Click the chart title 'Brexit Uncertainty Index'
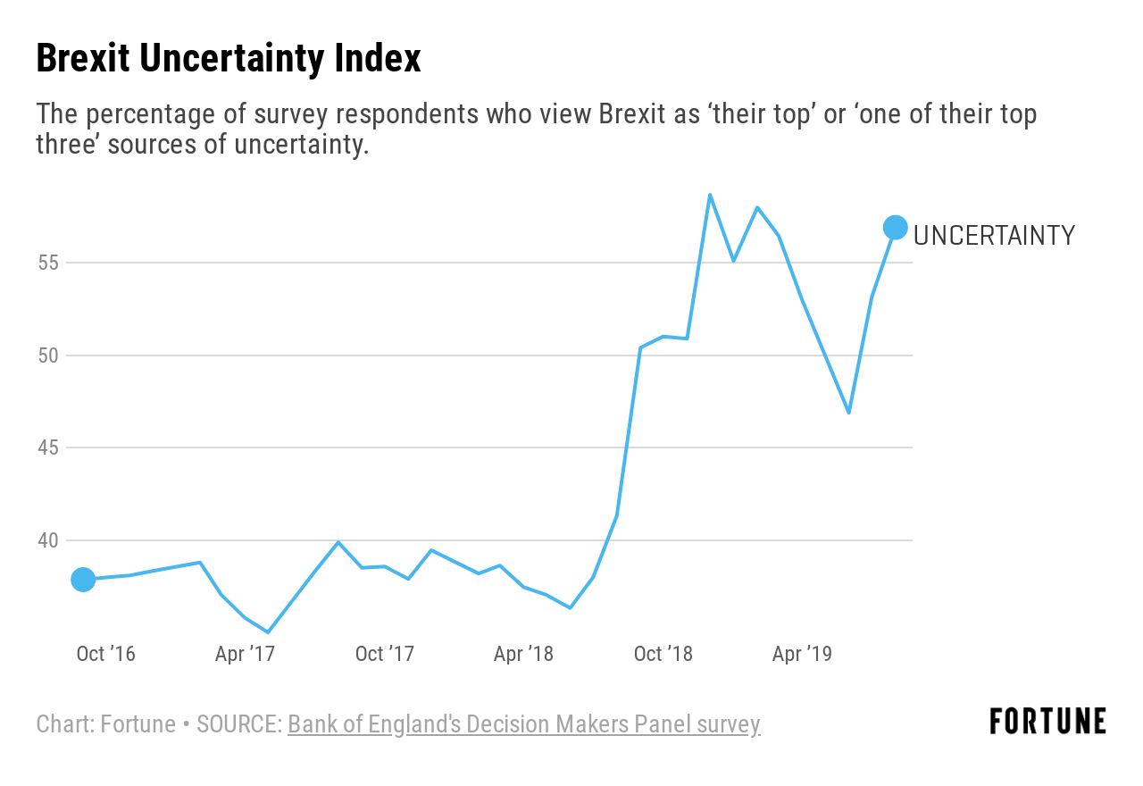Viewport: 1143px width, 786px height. coord(228,59)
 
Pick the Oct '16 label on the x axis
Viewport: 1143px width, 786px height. coord(105,654)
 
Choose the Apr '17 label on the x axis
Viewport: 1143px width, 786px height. coord(245,654)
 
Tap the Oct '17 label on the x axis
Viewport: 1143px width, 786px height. coord(385,654)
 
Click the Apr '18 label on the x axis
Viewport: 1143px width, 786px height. coord(523,654)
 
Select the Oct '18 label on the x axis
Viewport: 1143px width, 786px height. coord(663,654)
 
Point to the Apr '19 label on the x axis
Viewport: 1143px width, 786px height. coord(802,654)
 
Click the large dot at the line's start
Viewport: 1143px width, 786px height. coord(83,580)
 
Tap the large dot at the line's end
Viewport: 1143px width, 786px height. coord(896,228)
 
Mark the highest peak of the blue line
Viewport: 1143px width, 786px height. coord(710,195)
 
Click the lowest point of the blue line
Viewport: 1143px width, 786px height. coord(268,632)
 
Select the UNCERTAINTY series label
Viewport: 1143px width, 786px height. coord(994,236)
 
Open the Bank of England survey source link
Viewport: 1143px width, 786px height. coord(523,724)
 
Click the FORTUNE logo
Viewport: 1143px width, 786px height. coord(1047,722)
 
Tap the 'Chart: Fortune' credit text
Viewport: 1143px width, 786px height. coord(105,724)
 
